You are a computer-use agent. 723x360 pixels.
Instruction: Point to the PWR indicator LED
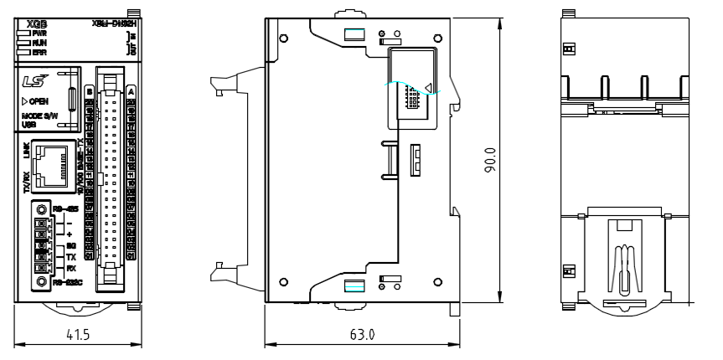tap(22, 33)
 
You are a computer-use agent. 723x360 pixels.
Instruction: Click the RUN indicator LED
tap(22, 42)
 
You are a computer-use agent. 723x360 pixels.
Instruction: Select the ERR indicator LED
tap(22, 51)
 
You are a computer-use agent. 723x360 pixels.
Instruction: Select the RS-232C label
tap(65, 281)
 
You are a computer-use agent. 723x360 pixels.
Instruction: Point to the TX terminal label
tap(58, 256)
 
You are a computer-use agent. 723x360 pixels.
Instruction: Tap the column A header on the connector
tap(132, 90)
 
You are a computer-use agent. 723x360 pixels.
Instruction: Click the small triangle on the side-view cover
tap(428, 85)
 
